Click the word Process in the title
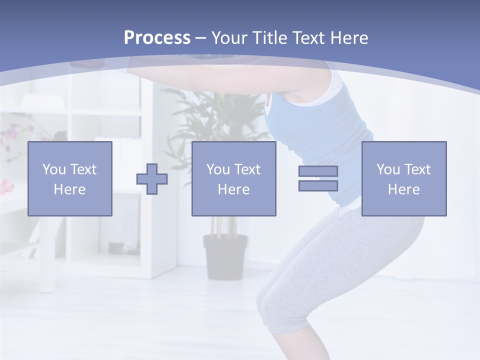[157, 38]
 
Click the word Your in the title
[229, 38]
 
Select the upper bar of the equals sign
[318, 171]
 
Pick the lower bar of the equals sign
[318, 185]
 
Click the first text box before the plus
[70, 178]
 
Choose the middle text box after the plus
[233, 178]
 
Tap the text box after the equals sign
[404, 178]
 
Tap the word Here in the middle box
[233, 189]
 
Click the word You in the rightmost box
[387, 169]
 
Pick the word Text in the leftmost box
[84, 169]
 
